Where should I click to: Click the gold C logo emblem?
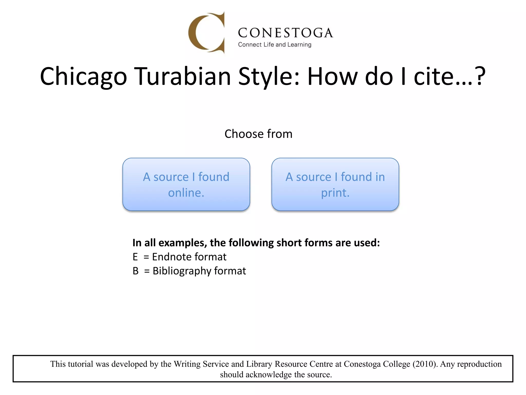coord(207,33)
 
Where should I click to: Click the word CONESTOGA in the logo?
coord(285,33)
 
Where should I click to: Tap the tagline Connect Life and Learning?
coord(275,45)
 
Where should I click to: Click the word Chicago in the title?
coord(83,76)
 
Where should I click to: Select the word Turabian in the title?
coord(183,76)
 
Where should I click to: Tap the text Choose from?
coord(258,134)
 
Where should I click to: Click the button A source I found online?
coord(186,184)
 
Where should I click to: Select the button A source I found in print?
coord(335,184)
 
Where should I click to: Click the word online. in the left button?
coord(186,193)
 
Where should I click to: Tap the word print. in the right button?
coord(335,193)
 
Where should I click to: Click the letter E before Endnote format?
coord(135,257)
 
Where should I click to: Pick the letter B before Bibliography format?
coord(136,271)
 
